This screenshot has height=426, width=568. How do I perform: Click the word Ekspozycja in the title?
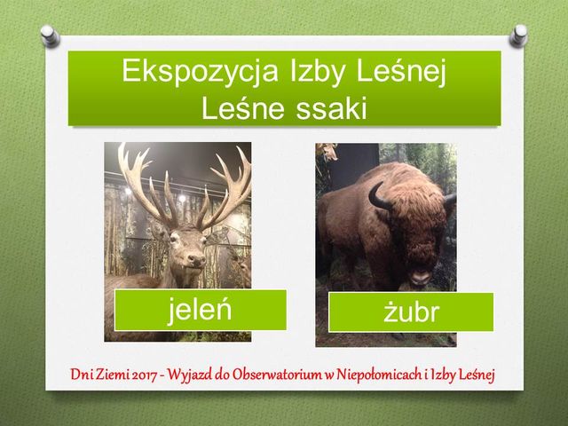pos(200,72)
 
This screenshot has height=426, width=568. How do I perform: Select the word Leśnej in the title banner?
pos(401,71)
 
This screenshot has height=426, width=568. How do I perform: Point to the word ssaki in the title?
pos(331,108)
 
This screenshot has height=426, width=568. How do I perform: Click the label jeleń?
pos(199,310)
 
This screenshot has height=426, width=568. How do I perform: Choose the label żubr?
pos(411,312)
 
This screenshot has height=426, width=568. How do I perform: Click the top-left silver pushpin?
pos(50,35)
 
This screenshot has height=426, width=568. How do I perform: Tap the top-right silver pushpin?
pos(518,35)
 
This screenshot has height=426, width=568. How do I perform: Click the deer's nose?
pos(197,259)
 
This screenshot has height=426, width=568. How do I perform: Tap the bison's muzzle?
pos(420,277)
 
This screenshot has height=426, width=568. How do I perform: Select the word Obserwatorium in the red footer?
pos(277,375)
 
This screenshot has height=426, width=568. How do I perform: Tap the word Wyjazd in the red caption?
pos(190,375)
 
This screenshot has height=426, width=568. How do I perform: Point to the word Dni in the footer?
pos(82,375)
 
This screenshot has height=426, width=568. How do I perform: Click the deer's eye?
pos(175,237)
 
